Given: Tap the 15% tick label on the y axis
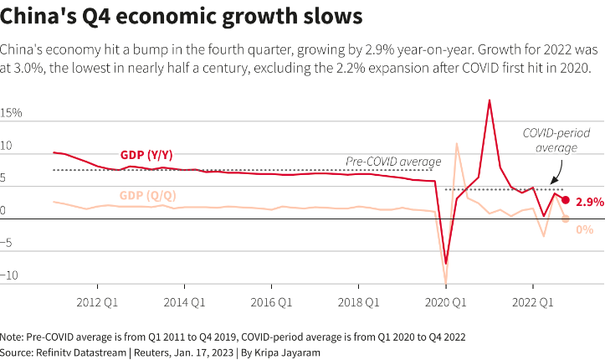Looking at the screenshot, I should point(12,113).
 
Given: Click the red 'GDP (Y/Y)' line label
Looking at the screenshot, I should point(148,155).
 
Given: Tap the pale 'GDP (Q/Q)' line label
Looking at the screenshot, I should point(148,195).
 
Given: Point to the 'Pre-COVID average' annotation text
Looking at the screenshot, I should point(393,162).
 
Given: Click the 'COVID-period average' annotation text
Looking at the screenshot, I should point(550,140).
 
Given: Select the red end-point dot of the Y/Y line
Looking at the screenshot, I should point(566,200).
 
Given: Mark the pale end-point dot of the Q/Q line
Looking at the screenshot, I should point(566,219).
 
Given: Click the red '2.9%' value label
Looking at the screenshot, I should point(589,202).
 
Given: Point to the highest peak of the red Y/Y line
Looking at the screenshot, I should point(490,100).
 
